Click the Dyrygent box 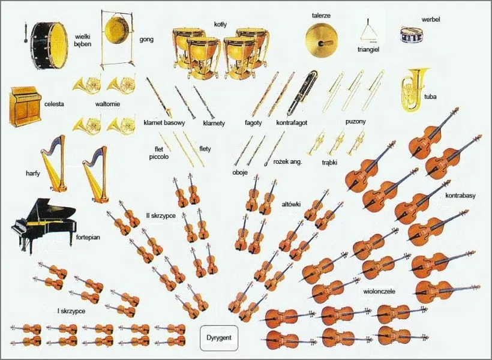click(x=219, y=338)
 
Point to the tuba click(x=415, y=90)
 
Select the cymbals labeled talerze click(x=322, y=39)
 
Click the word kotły click(x=220, y=25)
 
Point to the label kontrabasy click(x=460, y=196)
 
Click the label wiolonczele click(x=379, y=292)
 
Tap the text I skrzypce click(x=71, y=311)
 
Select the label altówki click(x=291, y=205)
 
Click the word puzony click(x=356, y=121)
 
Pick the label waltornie click(x=108, y=104)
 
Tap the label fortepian click(x=88, y=236)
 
